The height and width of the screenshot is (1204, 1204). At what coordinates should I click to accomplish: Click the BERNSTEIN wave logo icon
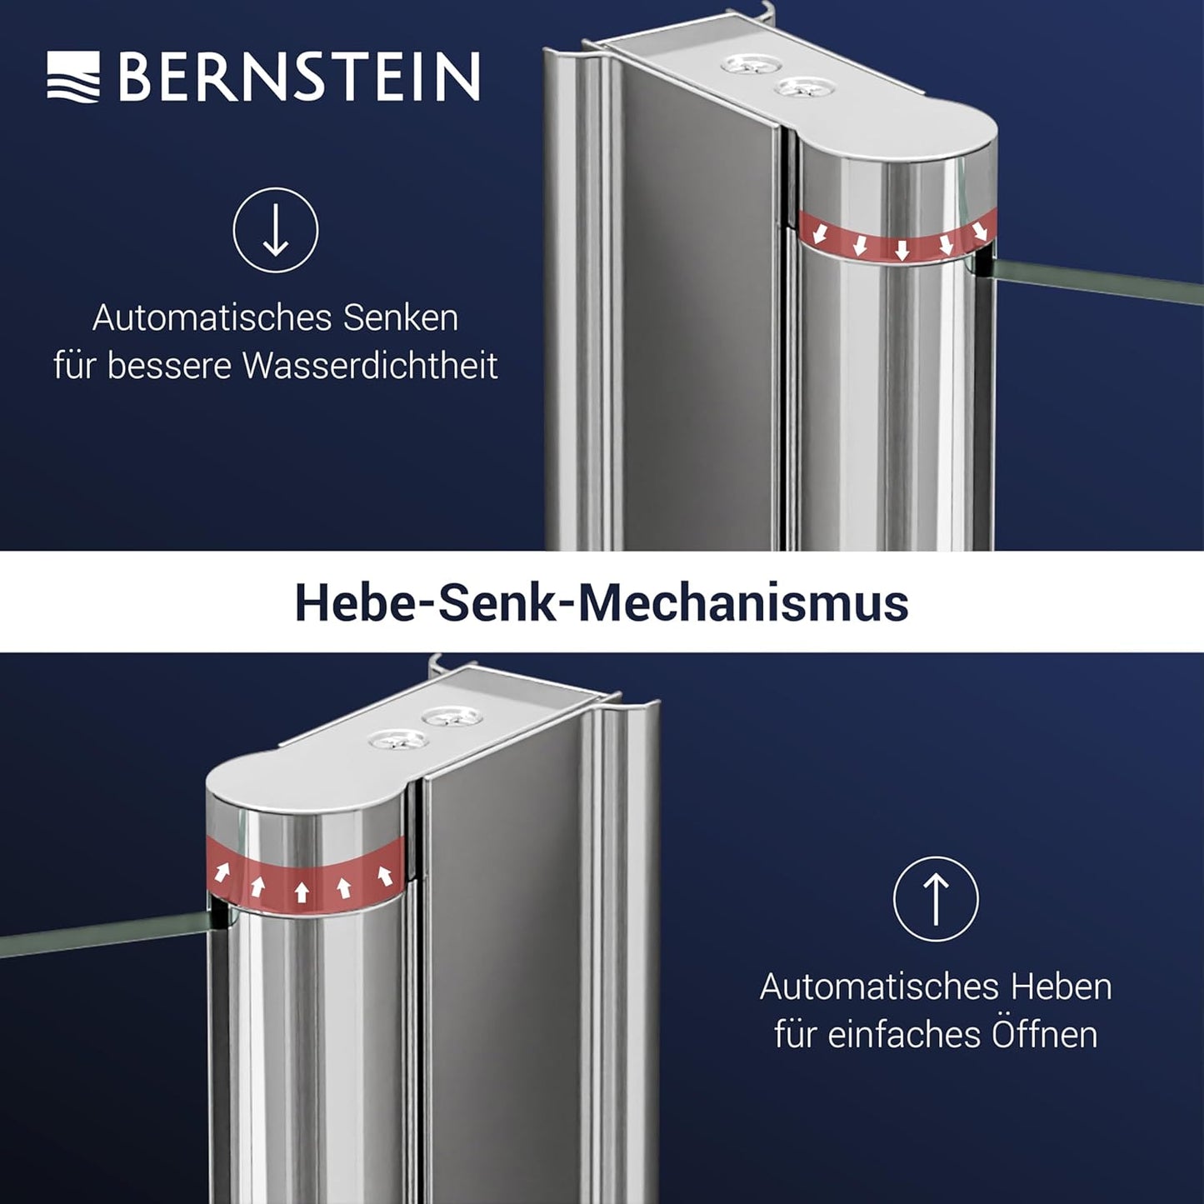pyautogui.click(x=73, y=76)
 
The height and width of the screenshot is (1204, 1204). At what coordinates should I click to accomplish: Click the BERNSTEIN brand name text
pyautogui.click(x=299, y=76)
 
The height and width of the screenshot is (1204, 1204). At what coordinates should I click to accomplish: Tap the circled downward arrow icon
pyautogui.click(x=276, y=230)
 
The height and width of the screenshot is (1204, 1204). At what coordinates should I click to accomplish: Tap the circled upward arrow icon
pyautogui.click(x=936, y=899)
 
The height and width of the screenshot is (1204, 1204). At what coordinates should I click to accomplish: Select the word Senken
pyautogui.click(x=401, y=318)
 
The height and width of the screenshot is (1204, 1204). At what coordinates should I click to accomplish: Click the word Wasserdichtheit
pyautogui.click(x=370, y=366)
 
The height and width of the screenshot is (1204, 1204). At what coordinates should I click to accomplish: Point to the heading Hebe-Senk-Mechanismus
pyautogui.click(x=602, y=603)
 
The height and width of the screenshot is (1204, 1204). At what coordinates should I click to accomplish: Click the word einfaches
pyautogui.click(x=905, y=1036)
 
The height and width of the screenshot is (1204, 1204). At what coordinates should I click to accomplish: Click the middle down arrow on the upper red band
pyautogui.click(x=902, y=250)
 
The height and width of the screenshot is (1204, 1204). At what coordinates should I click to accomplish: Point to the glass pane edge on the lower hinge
pyautogui.click(x=106, y=932)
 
